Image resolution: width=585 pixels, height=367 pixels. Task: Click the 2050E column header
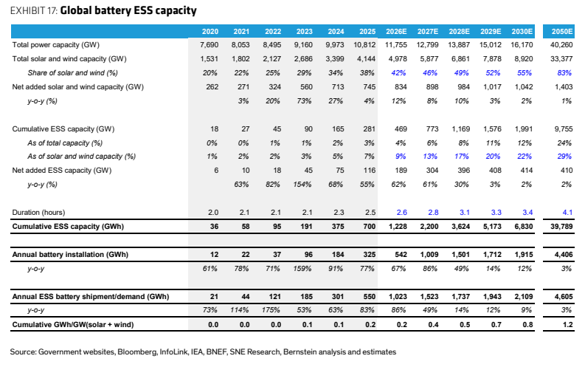[562, 31]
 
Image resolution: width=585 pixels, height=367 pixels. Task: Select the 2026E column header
[396, 31]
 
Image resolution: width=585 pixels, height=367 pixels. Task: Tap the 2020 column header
[210, 31]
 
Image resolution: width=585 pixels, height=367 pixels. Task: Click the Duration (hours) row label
[38, 213]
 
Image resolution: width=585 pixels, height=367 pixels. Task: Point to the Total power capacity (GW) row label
[56, 45]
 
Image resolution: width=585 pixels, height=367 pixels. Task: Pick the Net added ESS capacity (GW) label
[62, 171]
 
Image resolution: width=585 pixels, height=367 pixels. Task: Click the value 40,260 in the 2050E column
[561, 45]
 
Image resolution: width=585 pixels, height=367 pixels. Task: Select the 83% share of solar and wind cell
[564, 73]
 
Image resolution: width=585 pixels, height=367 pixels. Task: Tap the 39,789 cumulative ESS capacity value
[561, 227]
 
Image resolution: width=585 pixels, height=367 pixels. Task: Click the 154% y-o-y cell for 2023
[302, 185]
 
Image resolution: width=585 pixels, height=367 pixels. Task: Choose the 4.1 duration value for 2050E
[567, 213]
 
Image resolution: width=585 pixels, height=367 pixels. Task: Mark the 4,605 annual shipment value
[564, 297]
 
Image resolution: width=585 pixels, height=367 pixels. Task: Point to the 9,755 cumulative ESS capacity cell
[564, 129]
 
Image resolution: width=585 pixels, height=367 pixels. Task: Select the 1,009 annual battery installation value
[429, 255]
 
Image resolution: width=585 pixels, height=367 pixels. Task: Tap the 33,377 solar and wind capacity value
[561, 59]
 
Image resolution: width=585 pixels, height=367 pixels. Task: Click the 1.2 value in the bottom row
[568, 325]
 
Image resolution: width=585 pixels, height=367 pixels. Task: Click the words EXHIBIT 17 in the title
[33, 11]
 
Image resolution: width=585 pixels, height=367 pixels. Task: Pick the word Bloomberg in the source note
[137, 352]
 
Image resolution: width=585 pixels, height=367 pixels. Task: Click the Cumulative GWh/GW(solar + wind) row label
[73, 325]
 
